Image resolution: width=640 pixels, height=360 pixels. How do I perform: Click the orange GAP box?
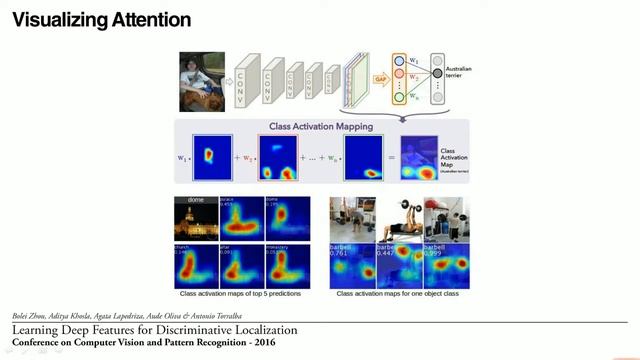[381, 78]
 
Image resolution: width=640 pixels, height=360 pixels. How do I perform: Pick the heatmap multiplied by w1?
[211, 157]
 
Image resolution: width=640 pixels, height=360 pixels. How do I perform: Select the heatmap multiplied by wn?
[361, 158]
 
